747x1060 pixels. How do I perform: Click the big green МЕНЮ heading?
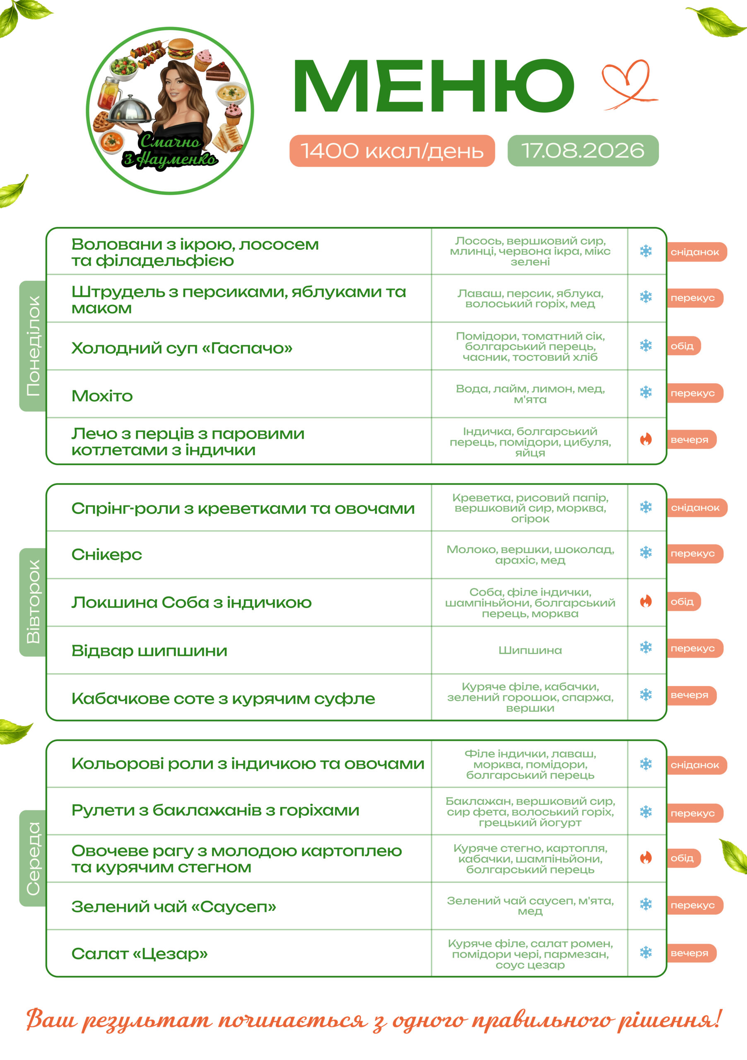[x=434, y=86]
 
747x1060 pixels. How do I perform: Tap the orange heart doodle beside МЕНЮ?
[x=629, y=84]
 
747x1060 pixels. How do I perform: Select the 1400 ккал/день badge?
[x=392, y=150]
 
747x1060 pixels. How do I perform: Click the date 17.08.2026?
[x=583, y=150]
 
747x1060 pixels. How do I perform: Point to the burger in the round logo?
[x=181, y=48]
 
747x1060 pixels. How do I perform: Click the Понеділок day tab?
[x=33, y=346]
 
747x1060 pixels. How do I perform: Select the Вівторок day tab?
[x=33, y=602]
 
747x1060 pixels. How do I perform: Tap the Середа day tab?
[x=33, y=858]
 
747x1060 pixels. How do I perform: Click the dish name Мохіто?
[x=102, y=396]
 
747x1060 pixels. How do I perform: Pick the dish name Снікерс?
[x=107, y=554]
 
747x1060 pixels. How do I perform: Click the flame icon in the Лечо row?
[x=646, y=439]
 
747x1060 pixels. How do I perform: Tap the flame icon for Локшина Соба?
[x=646, y=601]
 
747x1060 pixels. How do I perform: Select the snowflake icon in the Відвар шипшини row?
[x=646, y=647]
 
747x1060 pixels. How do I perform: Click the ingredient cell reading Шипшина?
[x=530, y=650]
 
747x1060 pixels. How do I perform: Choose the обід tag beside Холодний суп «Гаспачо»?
[x=683, y=346]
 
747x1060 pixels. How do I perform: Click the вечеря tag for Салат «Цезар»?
[x=691, y=953]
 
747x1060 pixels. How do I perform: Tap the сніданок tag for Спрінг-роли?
[x=696, y=508]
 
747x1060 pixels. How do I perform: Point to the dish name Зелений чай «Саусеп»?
[x=173, y=907]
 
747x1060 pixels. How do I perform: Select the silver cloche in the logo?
[x=131, y=110]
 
